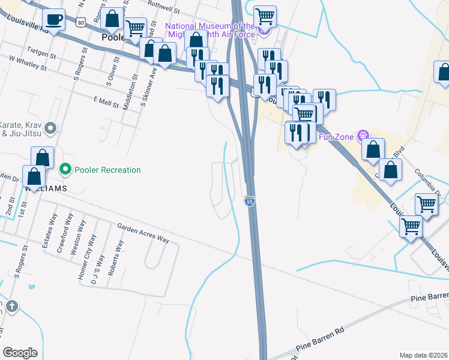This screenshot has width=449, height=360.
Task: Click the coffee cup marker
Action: point(55,19)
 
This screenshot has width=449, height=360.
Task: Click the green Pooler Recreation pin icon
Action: point(65,170)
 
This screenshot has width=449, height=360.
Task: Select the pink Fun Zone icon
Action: point(363,136)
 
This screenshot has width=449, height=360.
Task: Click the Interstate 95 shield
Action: point(250,202)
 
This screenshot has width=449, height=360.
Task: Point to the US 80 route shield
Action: point(82,22)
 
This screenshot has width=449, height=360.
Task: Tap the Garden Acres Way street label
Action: point(143,233)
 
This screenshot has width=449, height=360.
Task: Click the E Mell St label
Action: point(106,103)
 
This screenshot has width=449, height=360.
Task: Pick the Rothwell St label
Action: point(163,10)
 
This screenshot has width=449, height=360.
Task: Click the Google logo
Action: point(20,352)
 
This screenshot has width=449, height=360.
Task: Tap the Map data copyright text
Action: point(424,355)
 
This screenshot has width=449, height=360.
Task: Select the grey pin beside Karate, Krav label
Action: point(50,128)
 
